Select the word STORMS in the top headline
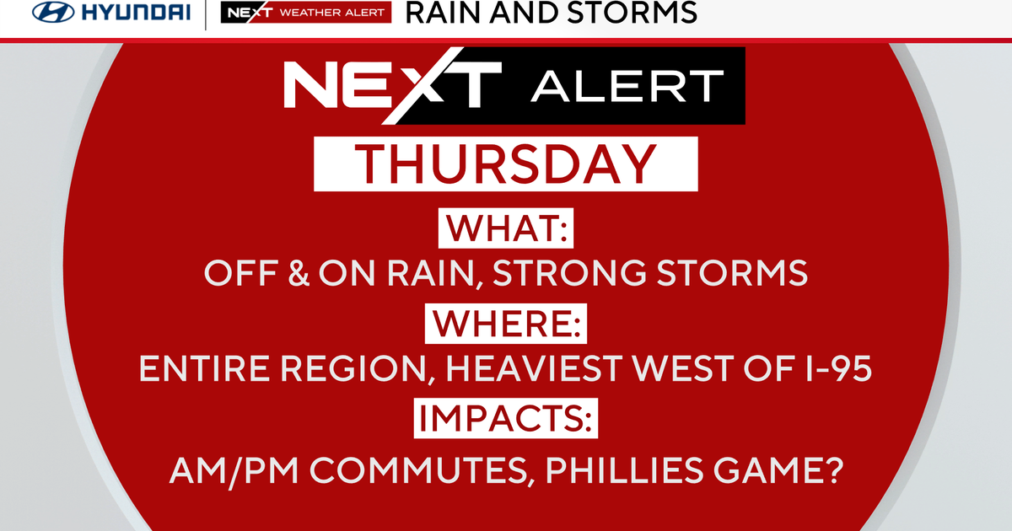pos(633,13)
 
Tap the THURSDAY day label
pos(506,164)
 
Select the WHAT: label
pos(505,228)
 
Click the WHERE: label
pos(505,324)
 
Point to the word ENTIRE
pos(200,370)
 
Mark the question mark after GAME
pos(832,468)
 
